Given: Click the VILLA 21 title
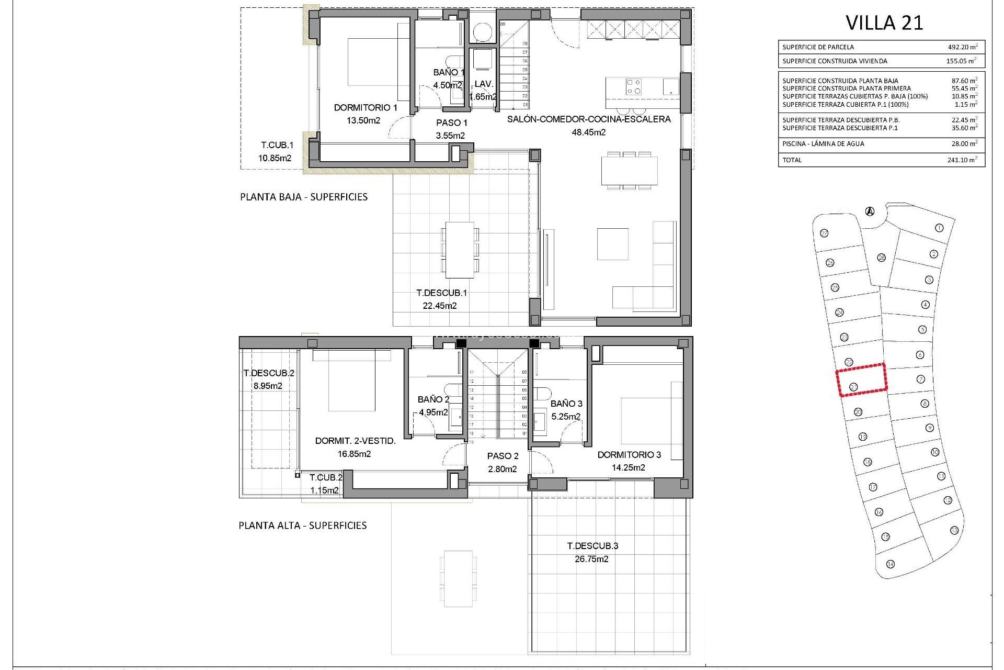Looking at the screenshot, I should [x=884, y=23].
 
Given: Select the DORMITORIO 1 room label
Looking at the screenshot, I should [x=366, y=107].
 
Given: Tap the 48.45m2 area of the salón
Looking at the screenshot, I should [x=588, y=132].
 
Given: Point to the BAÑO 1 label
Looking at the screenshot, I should [x=448, y=72].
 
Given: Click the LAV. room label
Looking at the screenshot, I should [x=484, y=84].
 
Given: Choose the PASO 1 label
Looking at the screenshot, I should [x=452, y=122].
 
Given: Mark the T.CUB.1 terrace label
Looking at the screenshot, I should [x=277, y=145].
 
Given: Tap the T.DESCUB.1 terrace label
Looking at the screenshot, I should [x=441, y=293].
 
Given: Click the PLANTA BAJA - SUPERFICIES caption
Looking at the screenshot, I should [x=303, y=197].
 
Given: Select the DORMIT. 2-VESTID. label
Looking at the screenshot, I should [x=355, y=441].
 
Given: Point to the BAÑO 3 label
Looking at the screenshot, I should [x=566, y=404].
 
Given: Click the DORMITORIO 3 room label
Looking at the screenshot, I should [x=629, y=454].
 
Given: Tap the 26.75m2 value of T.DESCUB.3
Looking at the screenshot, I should [x=591, y=559].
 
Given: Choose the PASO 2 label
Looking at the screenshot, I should [x=503, y=456].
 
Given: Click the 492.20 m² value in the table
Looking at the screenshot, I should [x=962, y=47].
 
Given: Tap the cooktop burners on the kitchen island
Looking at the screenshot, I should [x=634, y=86].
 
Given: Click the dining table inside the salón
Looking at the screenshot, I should [x=629, y=171].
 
